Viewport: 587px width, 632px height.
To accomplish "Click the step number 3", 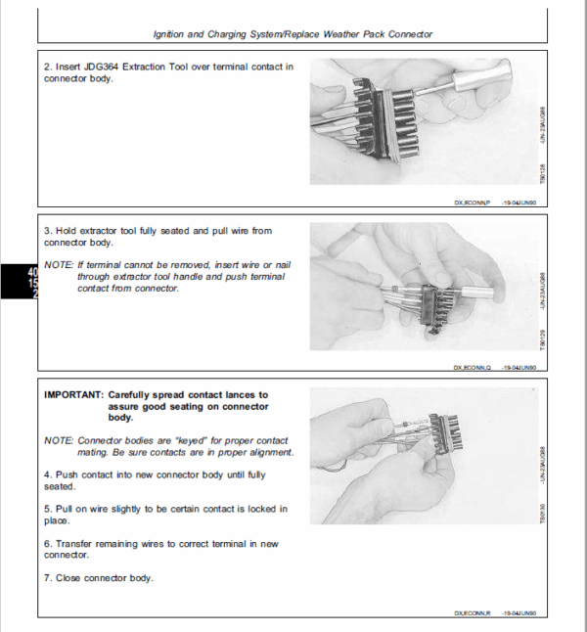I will (48, 231).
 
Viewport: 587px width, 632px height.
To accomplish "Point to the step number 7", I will (48, 578).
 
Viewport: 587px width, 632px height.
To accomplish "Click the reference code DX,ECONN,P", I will (475, 202).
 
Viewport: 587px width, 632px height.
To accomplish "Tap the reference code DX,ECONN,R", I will (475, 613).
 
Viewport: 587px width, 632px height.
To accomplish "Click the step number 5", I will (48, 509).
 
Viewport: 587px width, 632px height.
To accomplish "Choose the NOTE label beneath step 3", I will (60, 265).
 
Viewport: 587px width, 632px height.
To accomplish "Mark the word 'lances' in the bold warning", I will (244, 393).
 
